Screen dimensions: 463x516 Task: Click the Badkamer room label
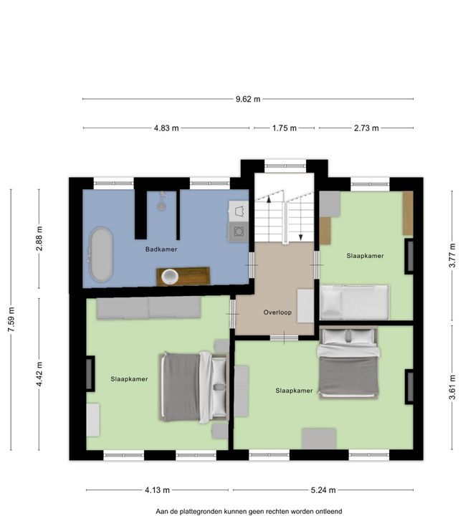[x=161, y=249]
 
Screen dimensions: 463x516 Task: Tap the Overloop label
[x=277, y=312]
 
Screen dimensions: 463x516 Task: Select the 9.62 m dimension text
[x=248, y=99]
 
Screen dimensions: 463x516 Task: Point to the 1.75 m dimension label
[x=285, y=128]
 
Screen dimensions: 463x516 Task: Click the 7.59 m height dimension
[x=11, y=320]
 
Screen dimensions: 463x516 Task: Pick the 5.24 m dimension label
[x=323, y=490]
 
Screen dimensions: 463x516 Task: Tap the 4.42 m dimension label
[x=39, y=374]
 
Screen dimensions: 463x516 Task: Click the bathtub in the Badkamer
[x=101, y=254]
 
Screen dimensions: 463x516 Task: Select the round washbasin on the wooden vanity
[x=170, y=277]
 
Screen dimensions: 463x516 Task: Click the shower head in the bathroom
[x=161, y=201]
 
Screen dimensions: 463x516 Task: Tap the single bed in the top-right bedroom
[x=354, y=302]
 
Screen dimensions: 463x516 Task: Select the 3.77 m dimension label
[x=452, y=255]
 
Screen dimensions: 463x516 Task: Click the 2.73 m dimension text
[x=366, y=128]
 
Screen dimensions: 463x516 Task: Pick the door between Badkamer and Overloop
[x=252, y=265]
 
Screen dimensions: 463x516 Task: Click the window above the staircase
[x=285, y=166]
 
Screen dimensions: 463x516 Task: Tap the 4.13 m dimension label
[x=157, y=490]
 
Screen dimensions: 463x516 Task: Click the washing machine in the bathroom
[x=238, y=232]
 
